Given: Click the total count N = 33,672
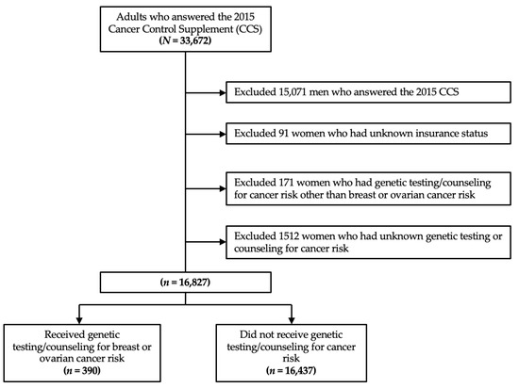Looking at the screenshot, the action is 185,40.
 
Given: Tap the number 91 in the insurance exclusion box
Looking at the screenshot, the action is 282,133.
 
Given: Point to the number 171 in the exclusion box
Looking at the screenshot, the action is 284,183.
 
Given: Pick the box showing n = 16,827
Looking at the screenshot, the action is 185,283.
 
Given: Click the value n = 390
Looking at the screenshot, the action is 82,370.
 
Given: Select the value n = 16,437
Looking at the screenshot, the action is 291,370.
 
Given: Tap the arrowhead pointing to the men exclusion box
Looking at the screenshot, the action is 223,93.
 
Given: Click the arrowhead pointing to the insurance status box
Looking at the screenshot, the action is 223,134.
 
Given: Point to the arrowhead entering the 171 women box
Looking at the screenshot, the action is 223,188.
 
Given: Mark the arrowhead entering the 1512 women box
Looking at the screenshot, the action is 223,242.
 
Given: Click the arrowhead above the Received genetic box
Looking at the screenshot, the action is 78,320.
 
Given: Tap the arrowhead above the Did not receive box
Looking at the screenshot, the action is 292,320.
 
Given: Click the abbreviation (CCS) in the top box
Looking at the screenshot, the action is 248,29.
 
